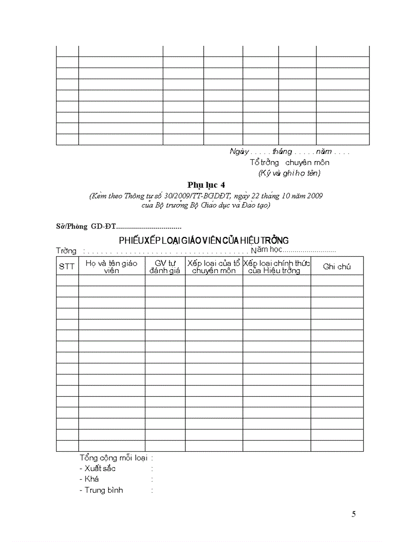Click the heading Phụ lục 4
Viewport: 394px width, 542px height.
click(x=206, y=185)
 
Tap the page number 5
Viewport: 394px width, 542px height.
click(x=354, y=514)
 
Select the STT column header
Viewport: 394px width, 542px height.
click(x=67, y=266)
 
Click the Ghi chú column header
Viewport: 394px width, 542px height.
click(x=337, y=266)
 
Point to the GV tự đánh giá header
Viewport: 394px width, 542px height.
click(x=165, y=266)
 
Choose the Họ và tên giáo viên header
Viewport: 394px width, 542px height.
click(x=112, y=266)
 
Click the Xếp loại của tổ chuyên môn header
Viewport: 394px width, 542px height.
click(x=213, y=266)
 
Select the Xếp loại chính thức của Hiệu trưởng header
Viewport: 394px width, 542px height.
click(x=276, y=266)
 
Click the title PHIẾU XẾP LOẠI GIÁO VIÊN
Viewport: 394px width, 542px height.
click(x=204, y=240)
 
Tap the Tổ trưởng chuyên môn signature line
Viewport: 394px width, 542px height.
click(x=289, y=162)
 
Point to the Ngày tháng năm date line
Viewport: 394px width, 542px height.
click(x=289, y=152)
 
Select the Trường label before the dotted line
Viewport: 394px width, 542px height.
click(x=66, y=251)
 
